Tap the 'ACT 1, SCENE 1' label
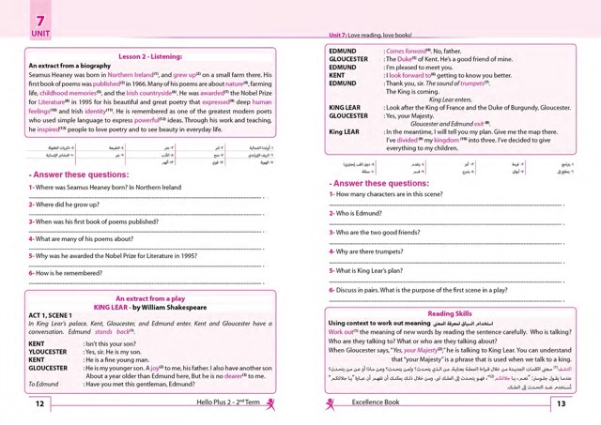pyautogui.click(x=59, y=316)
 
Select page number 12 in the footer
pyautogui.click(x=39, y=404)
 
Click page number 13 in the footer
pyautogui.click(x=561, y=404)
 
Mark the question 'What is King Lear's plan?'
pyautogui.click(x=388, y=270)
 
